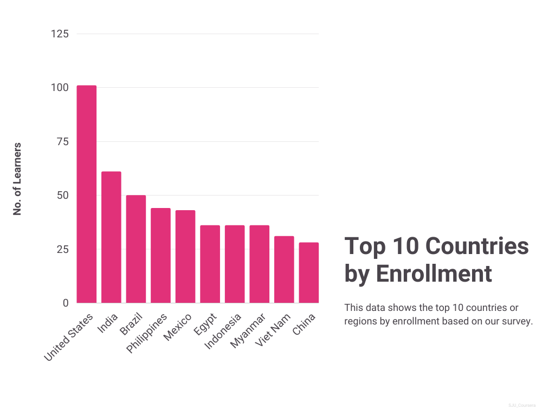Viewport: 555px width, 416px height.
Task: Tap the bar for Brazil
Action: [x=136, y=249]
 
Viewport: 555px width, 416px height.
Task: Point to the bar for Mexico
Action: [x=185, y=257]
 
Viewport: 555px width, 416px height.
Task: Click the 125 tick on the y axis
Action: [x=60, y=34]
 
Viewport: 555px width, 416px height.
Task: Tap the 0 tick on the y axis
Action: [x=66, y=303]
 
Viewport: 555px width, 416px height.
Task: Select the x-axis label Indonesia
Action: [x=223, y=331]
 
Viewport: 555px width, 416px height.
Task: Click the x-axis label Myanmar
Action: [x=248, y=330]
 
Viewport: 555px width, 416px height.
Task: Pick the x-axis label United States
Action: [x=69, y=336]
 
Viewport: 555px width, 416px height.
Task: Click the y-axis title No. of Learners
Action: [x=17, y=178]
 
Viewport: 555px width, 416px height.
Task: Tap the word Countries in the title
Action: [x=477, y=246]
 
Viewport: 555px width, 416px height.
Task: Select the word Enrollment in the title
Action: [x=434, y=274]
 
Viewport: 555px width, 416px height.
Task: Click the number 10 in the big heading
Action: [x=405, y=246]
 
